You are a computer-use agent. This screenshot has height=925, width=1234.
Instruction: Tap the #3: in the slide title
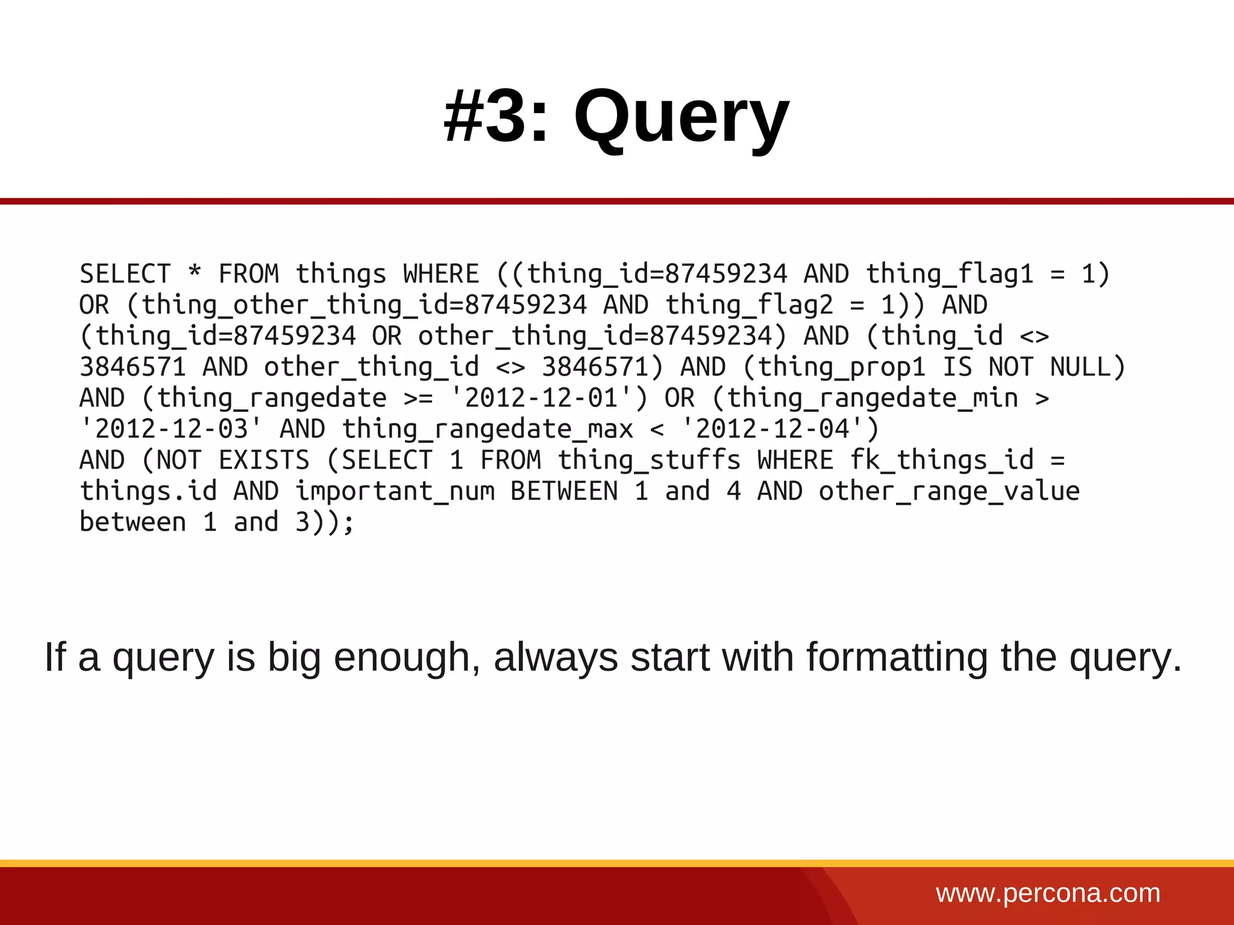[496, 116]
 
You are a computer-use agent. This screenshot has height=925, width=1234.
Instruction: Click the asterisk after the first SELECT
[194, 273]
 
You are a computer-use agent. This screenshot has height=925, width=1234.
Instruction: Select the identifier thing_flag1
[949, 274]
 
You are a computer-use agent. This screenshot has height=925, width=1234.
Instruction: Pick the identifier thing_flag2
[749, 305]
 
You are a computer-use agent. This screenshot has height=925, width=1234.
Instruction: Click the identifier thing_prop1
[841, 367]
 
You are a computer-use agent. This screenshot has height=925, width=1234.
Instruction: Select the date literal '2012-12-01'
[542, 398]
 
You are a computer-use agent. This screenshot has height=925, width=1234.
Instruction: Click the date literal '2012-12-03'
[172, 429]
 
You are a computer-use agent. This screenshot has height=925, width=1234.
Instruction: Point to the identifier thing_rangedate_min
[872, 398]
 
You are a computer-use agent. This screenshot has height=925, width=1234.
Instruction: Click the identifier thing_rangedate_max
[487, 429]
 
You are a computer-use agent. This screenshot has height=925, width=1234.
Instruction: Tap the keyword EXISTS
[264, 460]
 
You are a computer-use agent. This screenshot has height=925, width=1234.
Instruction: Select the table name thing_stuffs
[649, 460]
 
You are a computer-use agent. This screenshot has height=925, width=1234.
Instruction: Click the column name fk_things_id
[942, 460]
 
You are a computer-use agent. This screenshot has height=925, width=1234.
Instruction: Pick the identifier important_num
[395, 491]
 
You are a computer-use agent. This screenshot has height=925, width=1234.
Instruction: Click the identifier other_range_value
[949, 491]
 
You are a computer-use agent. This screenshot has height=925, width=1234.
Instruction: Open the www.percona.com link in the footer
[1048, 893]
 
